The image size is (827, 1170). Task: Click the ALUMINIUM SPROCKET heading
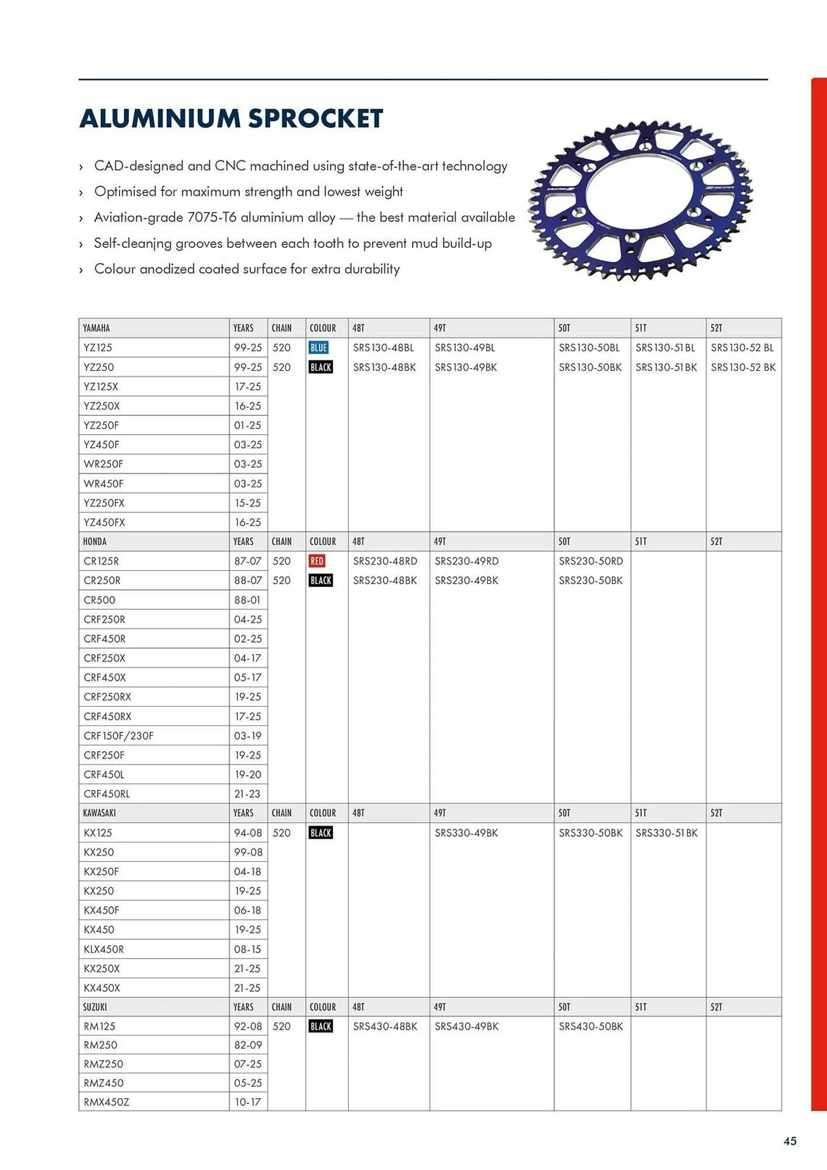coord(231,118)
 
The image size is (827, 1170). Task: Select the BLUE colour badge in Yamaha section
coord(318,347)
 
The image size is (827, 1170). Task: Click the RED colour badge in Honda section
coord(316,561)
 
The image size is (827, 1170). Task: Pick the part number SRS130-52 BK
coord(743,367)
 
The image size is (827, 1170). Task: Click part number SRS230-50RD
coord(590,561)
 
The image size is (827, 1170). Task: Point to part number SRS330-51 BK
coord(666,832)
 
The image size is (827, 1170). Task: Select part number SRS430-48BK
coord(385,1026)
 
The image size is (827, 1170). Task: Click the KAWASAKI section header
coord(99,813)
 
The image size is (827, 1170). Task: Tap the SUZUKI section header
coord(95,1007)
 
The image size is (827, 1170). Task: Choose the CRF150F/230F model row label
coord(118,735)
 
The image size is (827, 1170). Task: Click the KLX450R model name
coord(104,949)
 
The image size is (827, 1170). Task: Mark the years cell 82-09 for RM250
coord(248,1045)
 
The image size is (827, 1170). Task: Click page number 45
coord(790,1141)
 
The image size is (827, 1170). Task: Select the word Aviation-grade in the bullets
coord(138,217)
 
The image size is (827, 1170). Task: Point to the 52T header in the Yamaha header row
coord(716,328)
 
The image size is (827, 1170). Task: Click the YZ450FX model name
coord(104,522)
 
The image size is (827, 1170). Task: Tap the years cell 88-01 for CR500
coord(247,600)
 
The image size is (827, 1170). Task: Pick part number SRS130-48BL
coord(383,347)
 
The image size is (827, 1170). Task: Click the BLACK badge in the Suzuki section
coord(321,1026)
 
